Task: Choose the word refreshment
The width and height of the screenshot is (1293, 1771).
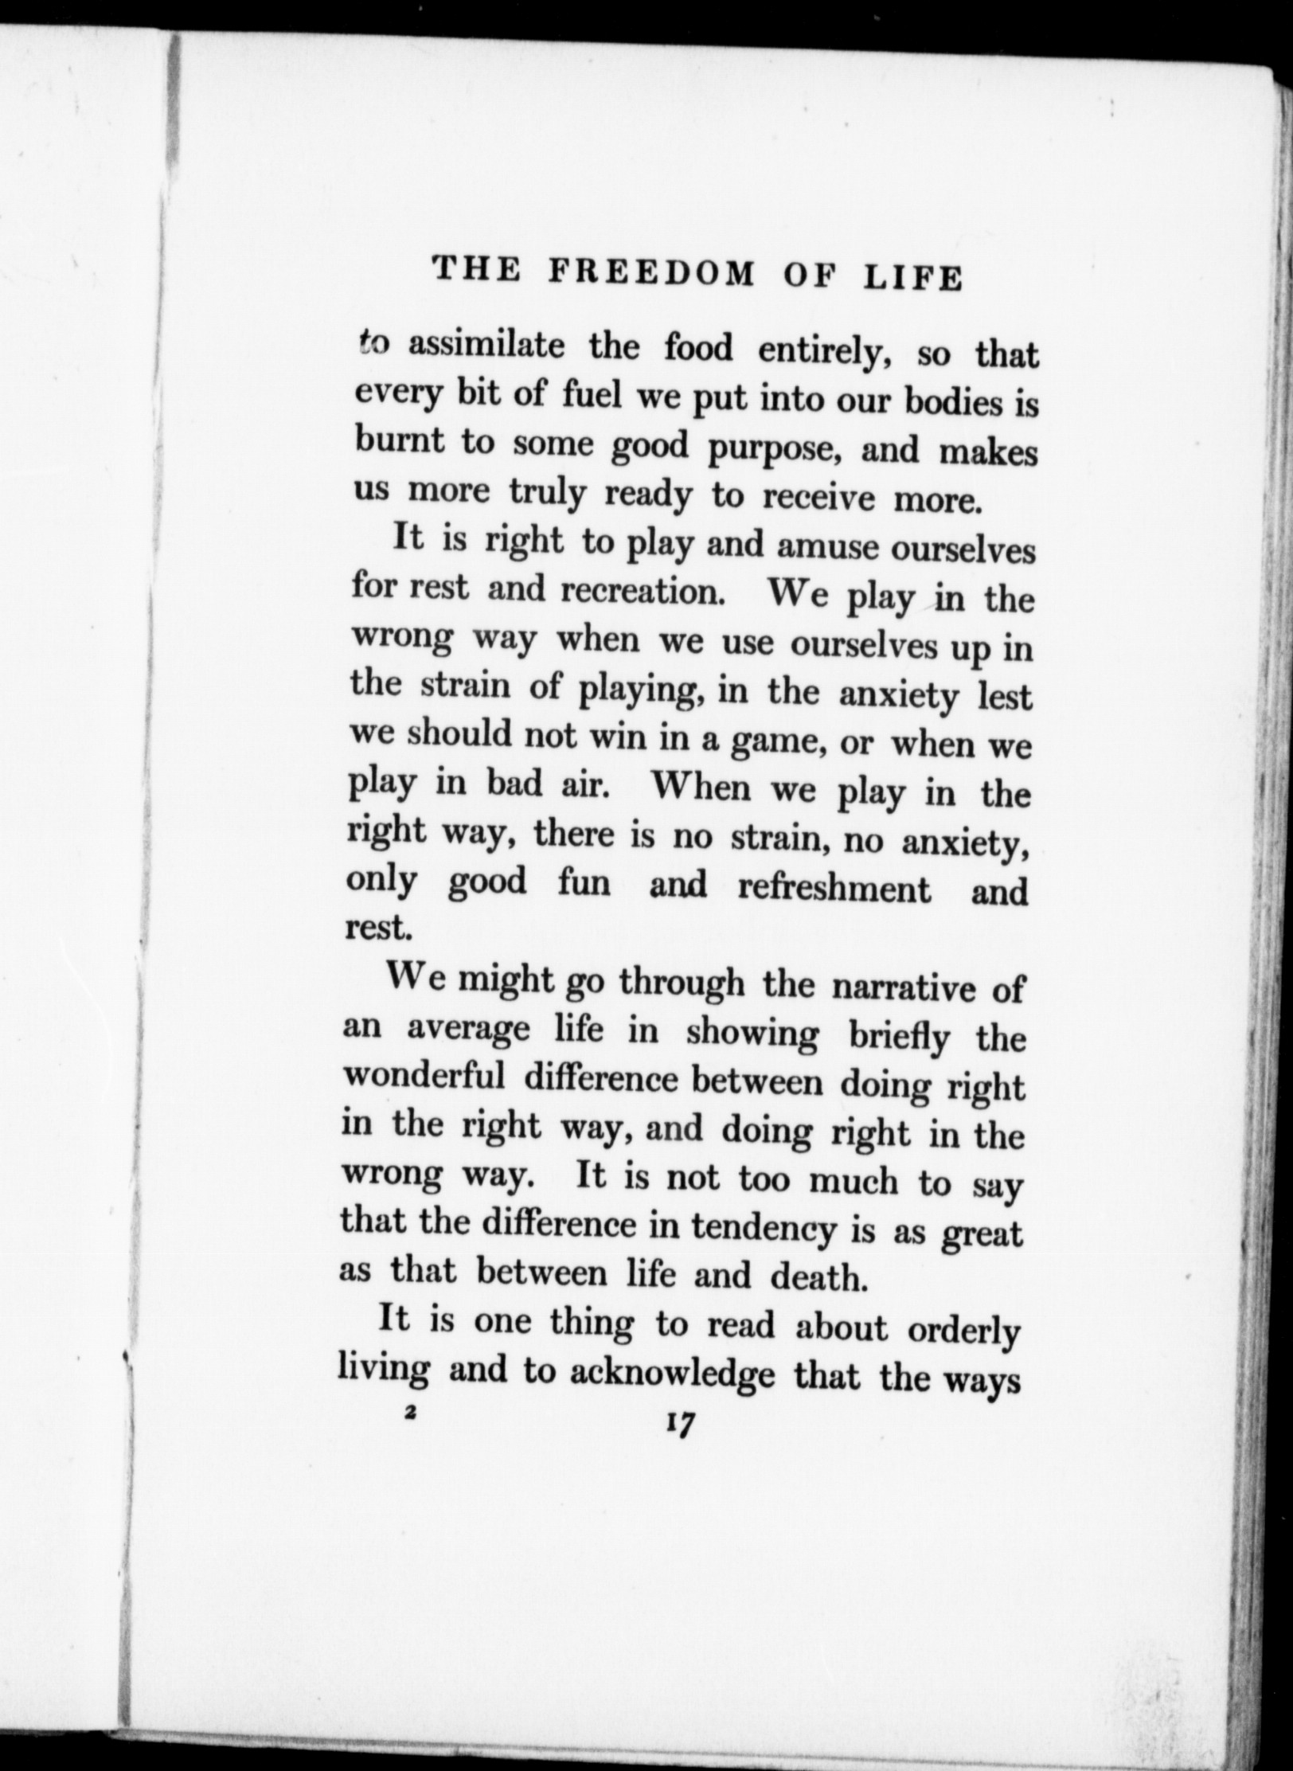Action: click(834, 887)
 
